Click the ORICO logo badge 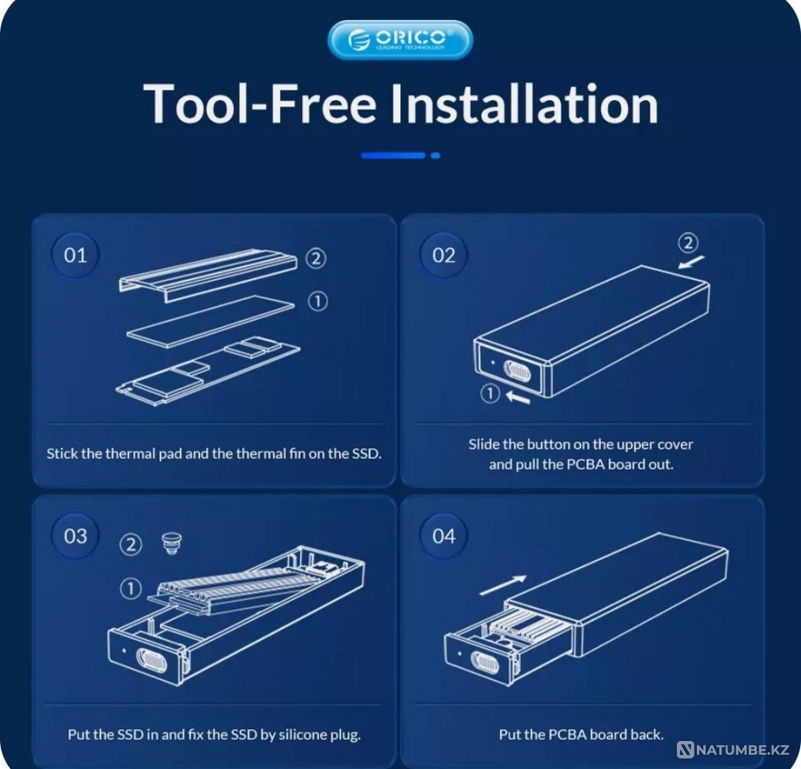pos(400,40)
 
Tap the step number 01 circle pos(75,255)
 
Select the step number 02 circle pos(444,255)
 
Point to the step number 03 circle pos(75,536)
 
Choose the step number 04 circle pos(444,536)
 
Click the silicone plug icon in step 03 pos(171,544)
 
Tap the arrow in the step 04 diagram pos(503,586)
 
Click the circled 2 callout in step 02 pos(688,243)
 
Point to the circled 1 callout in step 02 pos(490,393)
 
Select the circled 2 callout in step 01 pos(316,259)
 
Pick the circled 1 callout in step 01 pos(317,301)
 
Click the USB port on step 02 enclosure pos(517,372)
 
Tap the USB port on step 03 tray pos(151,658)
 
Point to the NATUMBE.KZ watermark pos(734,750)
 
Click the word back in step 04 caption pos(646,735)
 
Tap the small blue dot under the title pos(435,155)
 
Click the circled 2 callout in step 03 pos(131,544)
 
